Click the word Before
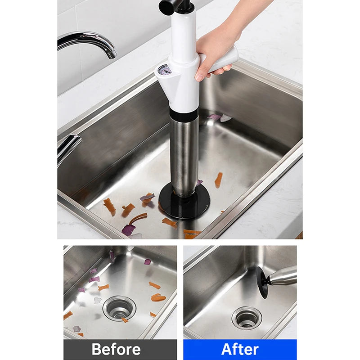pos(116,349)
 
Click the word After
pos(240,349)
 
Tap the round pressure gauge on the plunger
pos(165,70)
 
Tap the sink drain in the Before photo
pos(119,308)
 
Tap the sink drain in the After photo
pos(247,318)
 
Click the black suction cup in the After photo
pos(262,282)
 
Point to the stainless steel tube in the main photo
pos(184,156)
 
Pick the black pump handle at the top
pos(175,5)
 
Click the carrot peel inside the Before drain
pos(124,319)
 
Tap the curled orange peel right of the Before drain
pos(158,297)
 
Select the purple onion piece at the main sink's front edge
pos(128,229)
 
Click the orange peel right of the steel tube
pos(219,180)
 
